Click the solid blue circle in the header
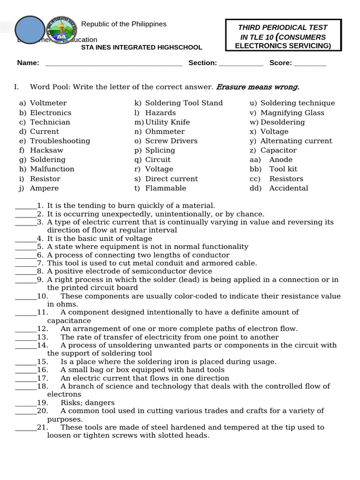tap(30, 31)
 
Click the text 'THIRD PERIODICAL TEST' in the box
tap(283, 28)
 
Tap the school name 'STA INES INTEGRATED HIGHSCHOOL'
tap(142, 47)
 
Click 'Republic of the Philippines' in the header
tap(124, 24)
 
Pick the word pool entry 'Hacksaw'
tap(46, 150)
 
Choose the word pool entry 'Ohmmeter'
tap(165, 132)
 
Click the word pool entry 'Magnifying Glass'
tap(292, 113)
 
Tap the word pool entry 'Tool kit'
tap(283, 169)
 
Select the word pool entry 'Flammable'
tap(165, 188)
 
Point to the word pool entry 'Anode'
tap(281, 160)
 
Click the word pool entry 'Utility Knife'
tap(167, 122)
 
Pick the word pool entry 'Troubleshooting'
tap(60, 141)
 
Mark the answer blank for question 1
tap(26, 207)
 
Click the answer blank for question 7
tap(26, 264)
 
